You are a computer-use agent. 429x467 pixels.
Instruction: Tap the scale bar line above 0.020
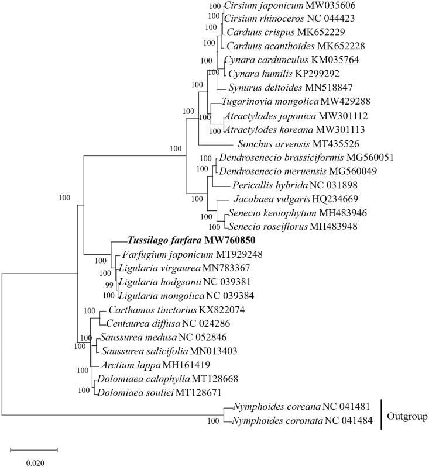tap(34, 449)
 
